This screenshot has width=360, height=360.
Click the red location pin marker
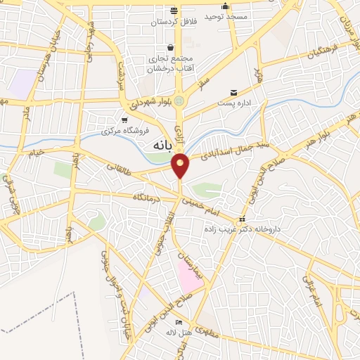click(x=181, y=165)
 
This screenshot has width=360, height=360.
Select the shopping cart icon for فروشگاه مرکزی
click(x=124, y=120)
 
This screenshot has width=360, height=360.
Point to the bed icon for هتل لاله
click(x=178, y=321)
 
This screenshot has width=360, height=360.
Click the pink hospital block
click(x=188, y=276)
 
